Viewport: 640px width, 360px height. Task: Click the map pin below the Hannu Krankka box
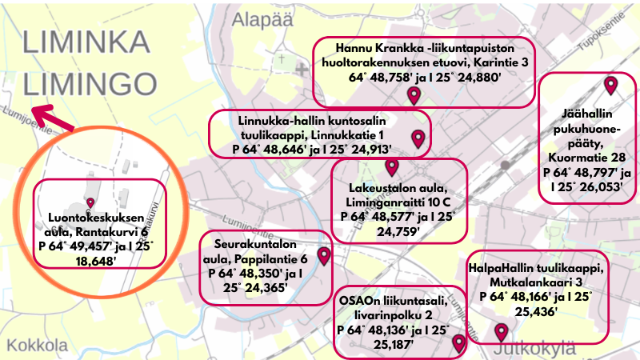pyautogui.click(x=414, y=96)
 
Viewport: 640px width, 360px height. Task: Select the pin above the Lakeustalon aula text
pyautogui.click(x=391, y=167)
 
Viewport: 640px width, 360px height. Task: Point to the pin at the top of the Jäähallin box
pyautogui.click(x=611, y=84)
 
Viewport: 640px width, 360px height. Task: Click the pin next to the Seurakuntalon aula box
pyautogui.click(x=324, y=256)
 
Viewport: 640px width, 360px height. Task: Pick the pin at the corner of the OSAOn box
pyautogui.click(x=458, y=343)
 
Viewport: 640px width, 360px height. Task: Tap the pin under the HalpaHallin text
pyautogui.click(x=502, y=332)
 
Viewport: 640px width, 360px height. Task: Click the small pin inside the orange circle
pyautogui.click(x=90, y=202)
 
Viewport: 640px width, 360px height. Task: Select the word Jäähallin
pyautogui.click(x=587, y=114)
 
